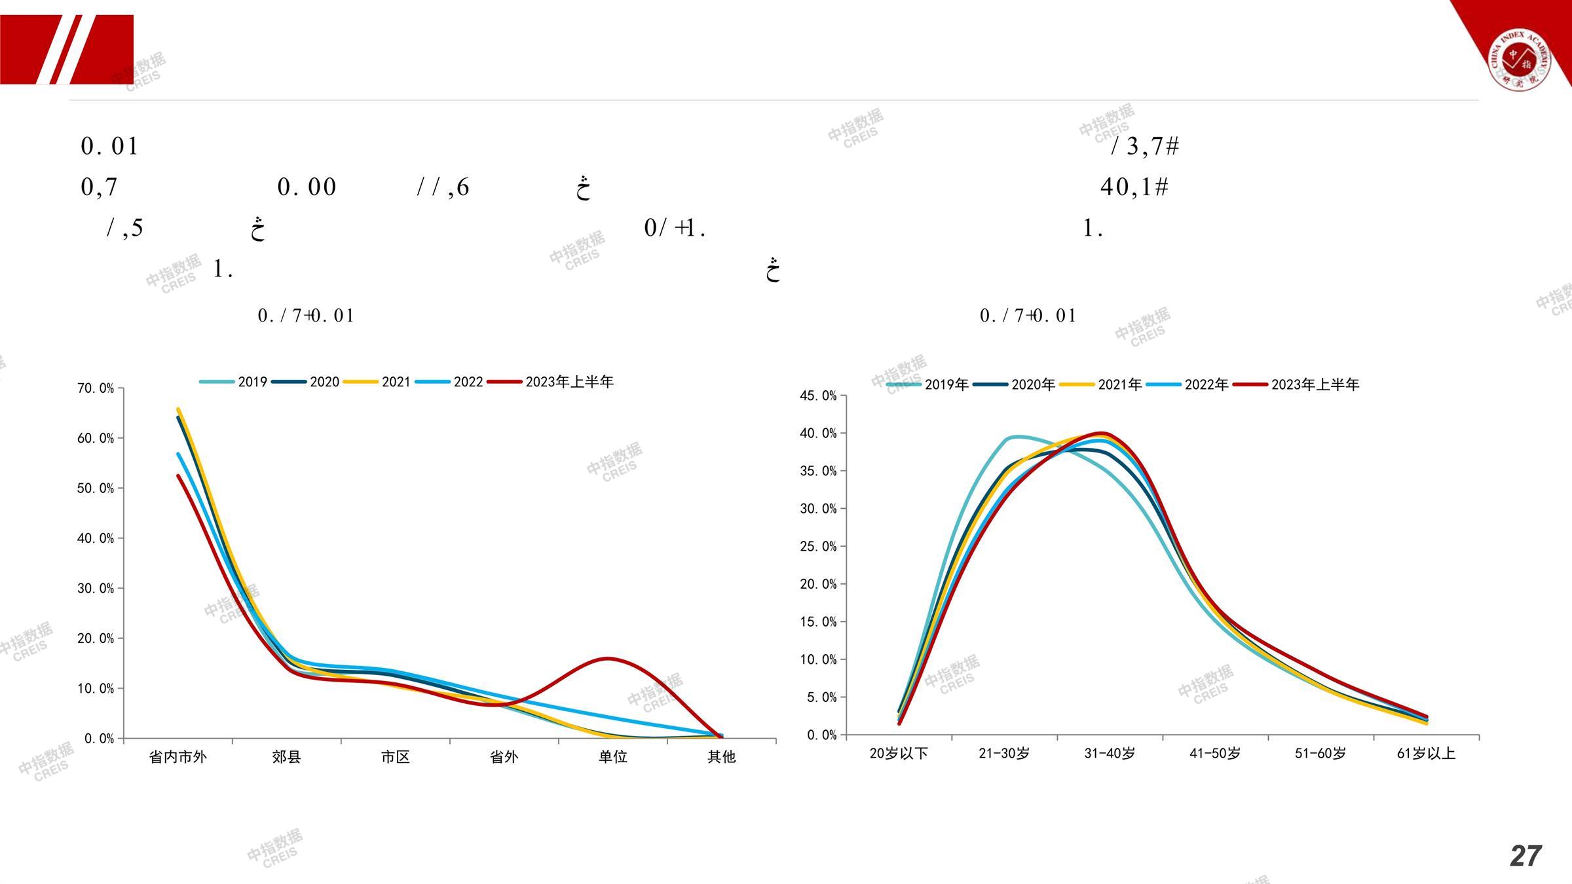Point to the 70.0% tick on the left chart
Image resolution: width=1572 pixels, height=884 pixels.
tap(96, 388)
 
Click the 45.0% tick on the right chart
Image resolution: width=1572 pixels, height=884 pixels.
tap(818, 396)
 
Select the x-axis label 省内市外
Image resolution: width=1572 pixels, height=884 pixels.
tap(178, 757)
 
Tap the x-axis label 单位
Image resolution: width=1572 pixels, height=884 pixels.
tap(612, 757)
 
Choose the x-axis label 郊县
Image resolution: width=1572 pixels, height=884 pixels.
tap(286, 757)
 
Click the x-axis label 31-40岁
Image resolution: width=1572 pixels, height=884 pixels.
tap(1110, 754)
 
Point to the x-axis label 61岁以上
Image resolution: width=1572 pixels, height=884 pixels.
tap(1426, 754)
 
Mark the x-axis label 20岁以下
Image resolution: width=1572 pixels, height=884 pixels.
tap(899, 754)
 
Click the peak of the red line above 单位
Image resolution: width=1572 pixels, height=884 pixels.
tap(608, 658)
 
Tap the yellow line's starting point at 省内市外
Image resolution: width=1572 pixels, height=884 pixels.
tap(178, 409)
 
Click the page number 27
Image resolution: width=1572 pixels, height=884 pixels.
tap(1525, 856)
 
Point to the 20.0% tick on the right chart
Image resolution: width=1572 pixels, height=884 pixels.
tap(818, 584)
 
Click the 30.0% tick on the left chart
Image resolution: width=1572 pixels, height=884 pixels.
tap(96, 588)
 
